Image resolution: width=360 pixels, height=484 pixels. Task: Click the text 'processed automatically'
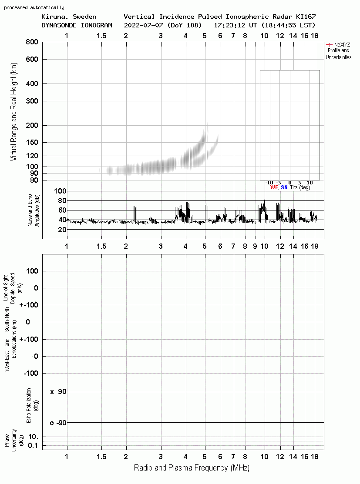click(34, 7)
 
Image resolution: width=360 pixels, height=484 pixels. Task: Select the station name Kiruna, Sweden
click(69, 17)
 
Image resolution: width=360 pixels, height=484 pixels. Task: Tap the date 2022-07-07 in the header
click(143, 25)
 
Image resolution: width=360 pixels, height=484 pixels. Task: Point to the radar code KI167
click(306, 17)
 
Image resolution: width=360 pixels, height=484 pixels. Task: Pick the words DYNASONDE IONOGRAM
click(77, 25)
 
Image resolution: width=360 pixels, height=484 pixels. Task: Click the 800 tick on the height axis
click(32, 42)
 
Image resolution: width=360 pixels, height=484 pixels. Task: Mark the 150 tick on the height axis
click(32, 142)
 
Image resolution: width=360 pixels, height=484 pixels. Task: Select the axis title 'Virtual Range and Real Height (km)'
click(13, 112)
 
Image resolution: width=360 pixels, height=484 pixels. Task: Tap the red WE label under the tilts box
click(274, 187)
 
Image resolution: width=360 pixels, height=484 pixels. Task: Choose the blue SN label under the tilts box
click(284, 187)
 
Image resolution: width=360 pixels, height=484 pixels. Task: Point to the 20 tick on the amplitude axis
click(62, 229)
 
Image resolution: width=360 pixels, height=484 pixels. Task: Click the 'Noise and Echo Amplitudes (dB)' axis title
click(34, 210)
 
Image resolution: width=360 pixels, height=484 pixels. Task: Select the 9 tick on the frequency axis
click(255, 246)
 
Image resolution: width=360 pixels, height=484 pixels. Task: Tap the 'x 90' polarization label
click(58, 392)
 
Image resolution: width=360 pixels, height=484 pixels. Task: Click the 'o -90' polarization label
click(58, 423)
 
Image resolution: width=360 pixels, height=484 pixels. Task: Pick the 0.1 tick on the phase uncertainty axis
click(33, 445)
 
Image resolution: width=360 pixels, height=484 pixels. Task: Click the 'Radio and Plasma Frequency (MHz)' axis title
click(192, 468)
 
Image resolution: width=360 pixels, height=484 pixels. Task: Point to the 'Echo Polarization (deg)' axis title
click(32, 406)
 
